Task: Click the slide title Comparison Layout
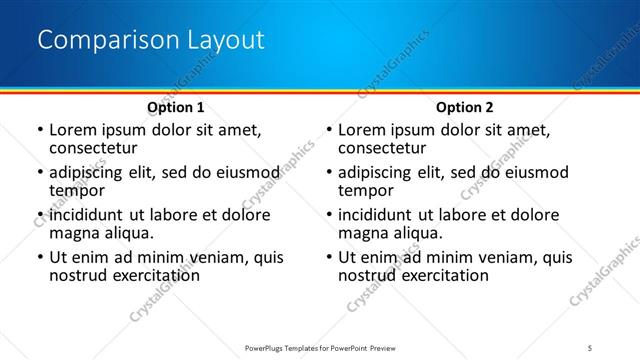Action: tap(150, 40)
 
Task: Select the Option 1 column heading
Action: tap(176, 107)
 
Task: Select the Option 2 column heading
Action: tap(465, 107)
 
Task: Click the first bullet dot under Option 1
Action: tap(39, 131)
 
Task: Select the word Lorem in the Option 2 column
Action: tap(362, 130)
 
